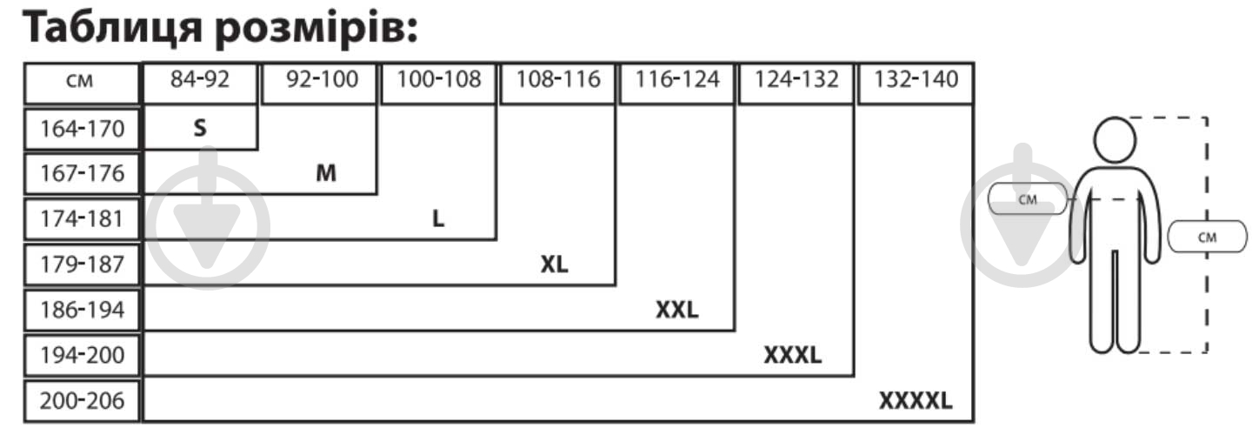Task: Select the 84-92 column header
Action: [200, 79]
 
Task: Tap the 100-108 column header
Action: [439, 79]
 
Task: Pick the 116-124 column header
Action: [676, 79]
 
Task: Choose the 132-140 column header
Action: [916, 79]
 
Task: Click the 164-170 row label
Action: [82, 129]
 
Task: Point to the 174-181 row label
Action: [82, 218]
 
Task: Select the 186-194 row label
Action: [82, 310]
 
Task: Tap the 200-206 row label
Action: [82, 401]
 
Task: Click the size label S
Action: [200, 128]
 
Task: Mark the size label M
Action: [326, 173]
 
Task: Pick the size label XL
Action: [554, 264]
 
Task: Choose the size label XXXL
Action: [793, 355]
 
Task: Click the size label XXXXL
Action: [916, 401]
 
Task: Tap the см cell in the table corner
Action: [79, 82]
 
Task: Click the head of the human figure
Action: [1115, 140]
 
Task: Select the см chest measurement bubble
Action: [1028, 199]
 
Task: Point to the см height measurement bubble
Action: [1207, 237]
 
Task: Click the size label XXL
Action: [676, 310]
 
